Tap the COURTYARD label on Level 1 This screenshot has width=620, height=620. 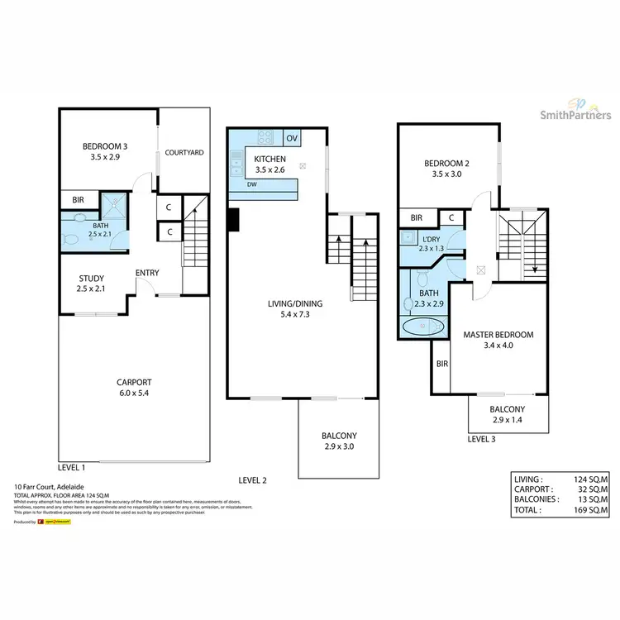(x=184, y=153)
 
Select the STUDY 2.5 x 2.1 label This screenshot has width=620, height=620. (x=91, y=283)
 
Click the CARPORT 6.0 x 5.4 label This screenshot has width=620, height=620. (x=133, y=388)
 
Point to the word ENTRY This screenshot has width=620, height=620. (x=147, y=274)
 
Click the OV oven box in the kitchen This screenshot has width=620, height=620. (x=291, y=137)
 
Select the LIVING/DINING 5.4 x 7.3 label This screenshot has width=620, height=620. (x=295, y=309)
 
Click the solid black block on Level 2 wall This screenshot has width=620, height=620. (x=233, y=219)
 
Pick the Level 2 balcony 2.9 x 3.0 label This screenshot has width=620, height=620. (x=339, y=441)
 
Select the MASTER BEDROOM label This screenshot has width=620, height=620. (x=498, y=340)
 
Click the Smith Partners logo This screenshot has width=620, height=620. (x=570, y=107)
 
